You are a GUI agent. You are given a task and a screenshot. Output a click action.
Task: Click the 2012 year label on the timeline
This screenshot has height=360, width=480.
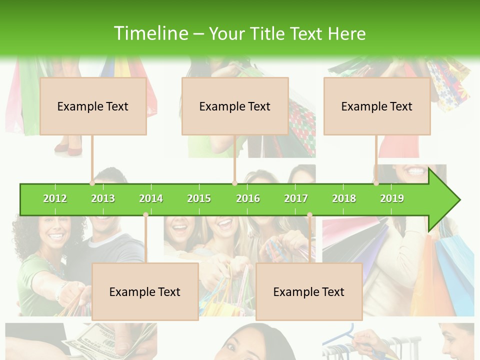[x=55, y=198]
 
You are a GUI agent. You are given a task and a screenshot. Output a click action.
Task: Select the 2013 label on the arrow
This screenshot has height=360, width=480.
[x=103, y=198]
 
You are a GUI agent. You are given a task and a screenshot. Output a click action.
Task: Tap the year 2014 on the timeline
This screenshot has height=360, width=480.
[x=151, y=198]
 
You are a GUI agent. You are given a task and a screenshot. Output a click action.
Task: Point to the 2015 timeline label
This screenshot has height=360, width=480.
[x=199, y=198]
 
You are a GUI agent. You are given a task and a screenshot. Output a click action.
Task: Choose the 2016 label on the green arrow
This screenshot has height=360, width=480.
[x=248, y=198]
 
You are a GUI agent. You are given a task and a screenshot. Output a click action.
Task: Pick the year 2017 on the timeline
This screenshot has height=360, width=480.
[x=296, y=198]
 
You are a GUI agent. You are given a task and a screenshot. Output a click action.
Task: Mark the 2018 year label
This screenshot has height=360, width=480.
[x=344, y=198]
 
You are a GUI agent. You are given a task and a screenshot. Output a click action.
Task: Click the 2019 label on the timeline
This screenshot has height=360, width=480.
[x=392, y=198]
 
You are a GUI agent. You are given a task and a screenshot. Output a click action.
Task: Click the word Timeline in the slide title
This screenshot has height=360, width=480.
[x=150, y=33]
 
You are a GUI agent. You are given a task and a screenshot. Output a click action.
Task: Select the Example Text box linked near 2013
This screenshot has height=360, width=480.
[x=93, y=106]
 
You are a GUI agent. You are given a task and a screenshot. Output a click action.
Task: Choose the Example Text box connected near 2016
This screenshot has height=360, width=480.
[x=235, y=106]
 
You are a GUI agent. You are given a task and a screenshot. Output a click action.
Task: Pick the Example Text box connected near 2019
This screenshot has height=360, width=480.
[x=377, y=106]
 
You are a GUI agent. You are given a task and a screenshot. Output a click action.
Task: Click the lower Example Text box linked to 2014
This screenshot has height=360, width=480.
[x=145, y=291]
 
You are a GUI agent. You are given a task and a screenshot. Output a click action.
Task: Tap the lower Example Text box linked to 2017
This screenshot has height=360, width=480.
[x=309, y=291]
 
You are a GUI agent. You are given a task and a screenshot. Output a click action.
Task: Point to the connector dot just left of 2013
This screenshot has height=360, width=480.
[x=92, y=183]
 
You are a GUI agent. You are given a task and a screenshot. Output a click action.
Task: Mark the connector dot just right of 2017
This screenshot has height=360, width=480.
[x=309, y=215]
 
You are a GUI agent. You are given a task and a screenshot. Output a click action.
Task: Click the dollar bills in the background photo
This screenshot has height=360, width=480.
[x=97, y=342]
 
